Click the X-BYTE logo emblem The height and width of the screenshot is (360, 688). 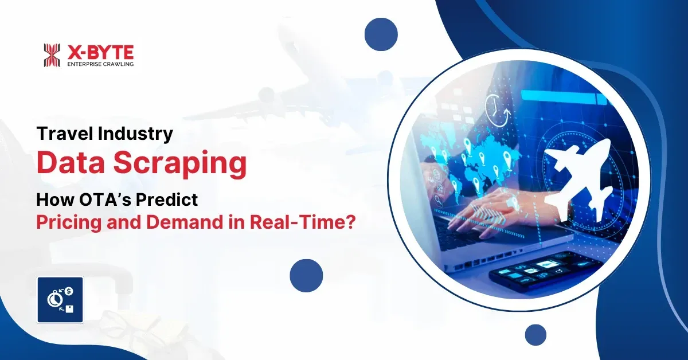[52, 55]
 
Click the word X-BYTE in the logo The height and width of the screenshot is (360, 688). [100, 52]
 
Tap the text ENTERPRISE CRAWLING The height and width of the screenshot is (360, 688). [100, 64]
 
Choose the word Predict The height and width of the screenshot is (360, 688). [167, 199]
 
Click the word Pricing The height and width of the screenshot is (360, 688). [69, 222]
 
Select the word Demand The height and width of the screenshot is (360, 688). [184, 222]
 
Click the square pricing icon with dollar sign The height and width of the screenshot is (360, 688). [60, 300]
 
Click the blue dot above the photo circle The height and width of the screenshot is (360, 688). [381, 34]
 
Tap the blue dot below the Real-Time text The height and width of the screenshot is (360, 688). [306, 276]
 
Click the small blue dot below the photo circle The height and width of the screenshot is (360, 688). [535, 335]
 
